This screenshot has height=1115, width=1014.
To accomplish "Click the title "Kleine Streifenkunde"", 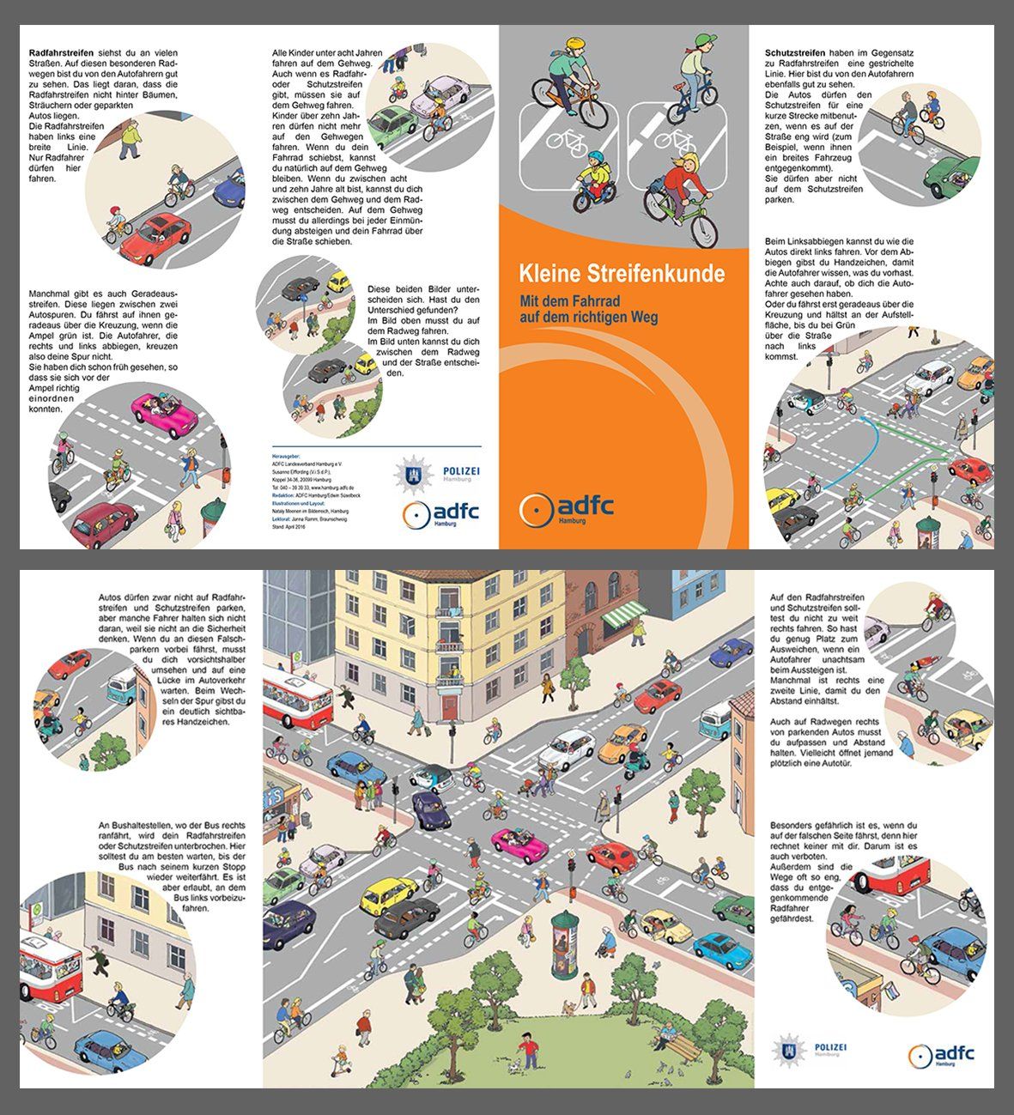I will pos(621,275).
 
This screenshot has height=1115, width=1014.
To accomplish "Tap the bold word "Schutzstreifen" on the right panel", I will pos(795,53).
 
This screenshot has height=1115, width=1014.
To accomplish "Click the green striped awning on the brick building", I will pos(624,616).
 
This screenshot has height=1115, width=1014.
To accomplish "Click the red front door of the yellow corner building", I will pos(449,706).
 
